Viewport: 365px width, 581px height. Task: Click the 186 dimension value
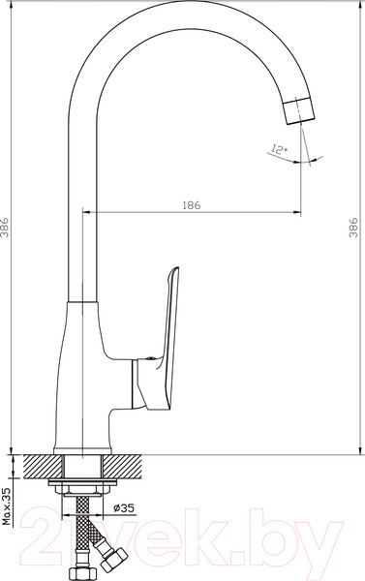(192, 205)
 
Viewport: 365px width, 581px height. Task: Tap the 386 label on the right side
(353, 228)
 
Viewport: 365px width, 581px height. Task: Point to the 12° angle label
(279, 149)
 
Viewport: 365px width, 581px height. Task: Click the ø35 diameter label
(124, 508)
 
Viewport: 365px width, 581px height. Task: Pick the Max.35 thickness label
(7, 506)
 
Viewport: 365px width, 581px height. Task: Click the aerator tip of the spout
(299, 110)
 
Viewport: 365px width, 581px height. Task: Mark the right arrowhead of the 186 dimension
(297, 212)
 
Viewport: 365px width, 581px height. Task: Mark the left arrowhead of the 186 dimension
(86, 212)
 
